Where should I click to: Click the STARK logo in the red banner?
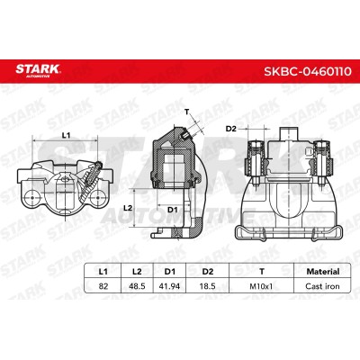pyautogui.click(x=38, y=70)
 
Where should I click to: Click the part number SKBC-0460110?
pyautogui.click(x=308, y=72)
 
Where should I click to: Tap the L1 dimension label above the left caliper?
pyautogui.click(x=66, y=136)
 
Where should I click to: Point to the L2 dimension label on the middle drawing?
pyautogui.click(x=128, y=208)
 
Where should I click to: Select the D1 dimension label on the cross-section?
pyautogui.click(x=173, y=210)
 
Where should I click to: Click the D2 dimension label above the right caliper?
pyautogui.click(x=231, y=129)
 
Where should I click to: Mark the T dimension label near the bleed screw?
pyautogui.click(x=187, y=112)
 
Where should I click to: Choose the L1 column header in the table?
pyautogui.click(x=103, y=272)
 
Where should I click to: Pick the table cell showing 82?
pyautogui.click(x=103, y=286)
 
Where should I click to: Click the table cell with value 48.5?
pyautogui.click(x=137, y=286)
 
